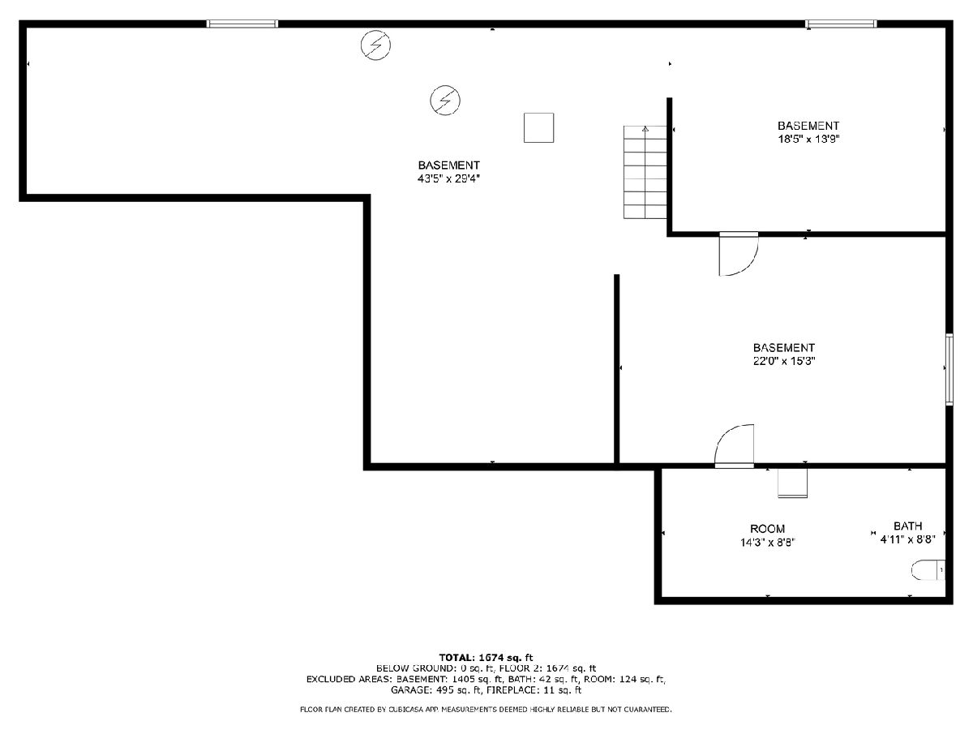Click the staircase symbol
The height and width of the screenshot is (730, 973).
[645, 172]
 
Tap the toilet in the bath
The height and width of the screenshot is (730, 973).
[928, 570]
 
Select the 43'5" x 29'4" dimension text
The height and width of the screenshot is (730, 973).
[448, 178]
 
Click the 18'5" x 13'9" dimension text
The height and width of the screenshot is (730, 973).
[808, 140]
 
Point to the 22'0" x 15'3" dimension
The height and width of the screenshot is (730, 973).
[784, 361]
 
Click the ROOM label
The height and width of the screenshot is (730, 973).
[767, 529]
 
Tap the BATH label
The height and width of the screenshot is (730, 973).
[908, 526]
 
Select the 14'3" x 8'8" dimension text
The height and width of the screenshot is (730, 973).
[767, 543]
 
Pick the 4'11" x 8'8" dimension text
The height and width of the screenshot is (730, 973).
[907, 539]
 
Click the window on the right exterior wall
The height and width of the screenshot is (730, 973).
[949, 369]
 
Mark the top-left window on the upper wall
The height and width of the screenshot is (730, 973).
[242, 24]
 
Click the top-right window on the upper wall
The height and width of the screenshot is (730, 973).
[841, 24]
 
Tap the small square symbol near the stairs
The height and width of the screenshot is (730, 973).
[538, 127]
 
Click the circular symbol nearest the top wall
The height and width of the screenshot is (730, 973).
[375, 45]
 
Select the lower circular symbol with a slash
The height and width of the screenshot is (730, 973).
[445, 101]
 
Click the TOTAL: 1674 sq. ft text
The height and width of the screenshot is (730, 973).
[486, 658]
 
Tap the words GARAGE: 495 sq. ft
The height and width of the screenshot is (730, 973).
[436, 690]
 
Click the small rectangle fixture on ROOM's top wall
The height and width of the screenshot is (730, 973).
[792, 483]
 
